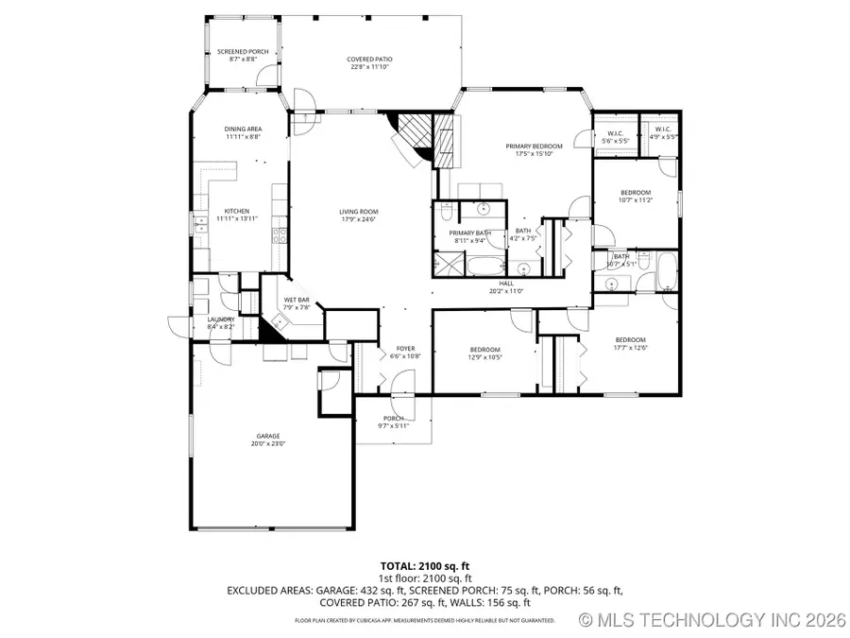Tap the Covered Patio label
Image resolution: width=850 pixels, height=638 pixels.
tap(369, 63)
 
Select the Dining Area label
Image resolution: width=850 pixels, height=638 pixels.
tap(243, 132)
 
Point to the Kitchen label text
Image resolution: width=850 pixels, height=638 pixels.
tap(236, 215)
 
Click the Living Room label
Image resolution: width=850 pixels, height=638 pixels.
tap(359, 215)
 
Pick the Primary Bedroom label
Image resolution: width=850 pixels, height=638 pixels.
tap(534, 149)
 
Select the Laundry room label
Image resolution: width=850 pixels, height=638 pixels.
tap(221, 322)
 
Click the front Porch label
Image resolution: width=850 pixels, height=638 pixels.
tap(393, 422)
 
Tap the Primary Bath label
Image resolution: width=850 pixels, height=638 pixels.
tap(469, 236)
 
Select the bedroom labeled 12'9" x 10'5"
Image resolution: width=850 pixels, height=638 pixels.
tap(485, 352)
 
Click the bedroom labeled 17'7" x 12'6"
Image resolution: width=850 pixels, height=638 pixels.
tap(630, 343)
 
